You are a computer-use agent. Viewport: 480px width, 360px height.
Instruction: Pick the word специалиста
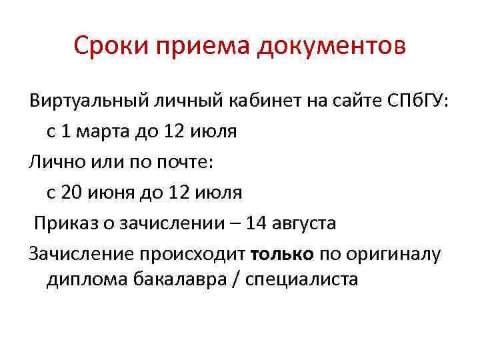(302, 280)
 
